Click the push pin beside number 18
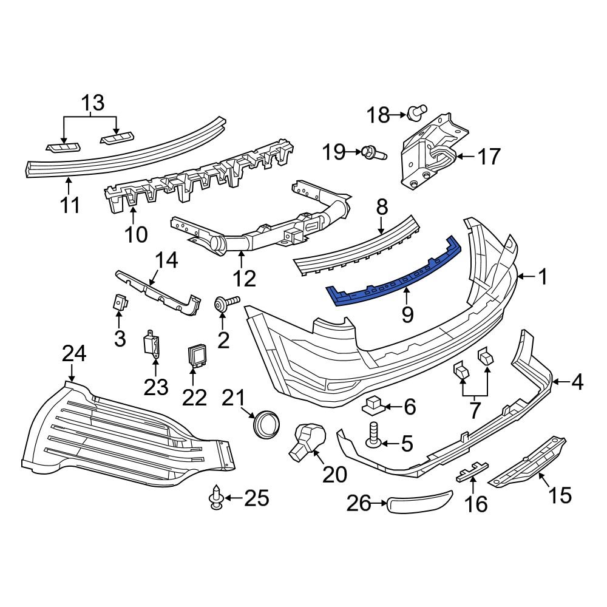point(415,113)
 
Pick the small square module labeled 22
point(197,353)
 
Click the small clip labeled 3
point(120,301)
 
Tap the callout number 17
point(489,157)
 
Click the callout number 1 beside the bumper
point(542,277)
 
